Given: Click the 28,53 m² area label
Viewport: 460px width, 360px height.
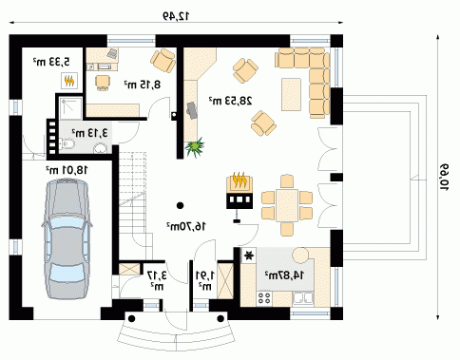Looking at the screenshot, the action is pos(230,101).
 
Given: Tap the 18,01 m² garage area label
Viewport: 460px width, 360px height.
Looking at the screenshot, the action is pos(66,170).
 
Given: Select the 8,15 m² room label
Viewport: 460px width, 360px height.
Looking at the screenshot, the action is pos(142,85).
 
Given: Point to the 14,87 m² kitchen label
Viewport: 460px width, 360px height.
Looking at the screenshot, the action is pos(284,275).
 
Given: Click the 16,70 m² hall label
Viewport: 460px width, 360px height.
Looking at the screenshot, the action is pos(186,226).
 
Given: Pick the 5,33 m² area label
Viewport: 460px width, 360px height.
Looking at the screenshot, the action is pos(51,62).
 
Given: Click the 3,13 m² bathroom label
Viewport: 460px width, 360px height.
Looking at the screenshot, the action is pos(89,133).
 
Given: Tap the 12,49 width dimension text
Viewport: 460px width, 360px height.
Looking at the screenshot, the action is pos(176,15).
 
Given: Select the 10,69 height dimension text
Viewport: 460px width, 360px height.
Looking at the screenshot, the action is pos(444,177).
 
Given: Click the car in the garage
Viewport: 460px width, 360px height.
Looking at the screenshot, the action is pos(67,238).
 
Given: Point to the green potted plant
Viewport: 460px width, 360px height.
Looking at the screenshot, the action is pos(195,147).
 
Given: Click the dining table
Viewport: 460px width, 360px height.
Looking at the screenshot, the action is pos(287,205).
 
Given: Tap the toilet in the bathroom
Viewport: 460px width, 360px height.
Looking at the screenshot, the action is pos(67,144).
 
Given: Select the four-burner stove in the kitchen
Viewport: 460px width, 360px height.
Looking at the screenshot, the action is pos(264,298).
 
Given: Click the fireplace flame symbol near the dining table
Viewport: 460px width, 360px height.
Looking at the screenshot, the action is pos(240,180).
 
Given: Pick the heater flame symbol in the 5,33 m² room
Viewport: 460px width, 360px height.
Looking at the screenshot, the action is pos(69,81).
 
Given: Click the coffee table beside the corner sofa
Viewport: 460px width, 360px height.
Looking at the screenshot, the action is pos(291,94).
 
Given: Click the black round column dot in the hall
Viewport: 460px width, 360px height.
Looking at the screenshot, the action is pos(180,205).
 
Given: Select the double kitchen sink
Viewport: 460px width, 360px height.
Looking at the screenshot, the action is pos(303,298).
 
